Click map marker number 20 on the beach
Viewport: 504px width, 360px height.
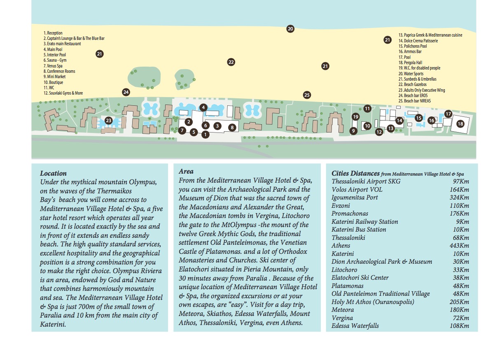(x=290, y=29)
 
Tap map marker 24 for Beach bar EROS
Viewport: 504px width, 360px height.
(x=126, y=92)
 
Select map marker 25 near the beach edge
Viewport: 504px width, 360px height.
(x=307, y=95)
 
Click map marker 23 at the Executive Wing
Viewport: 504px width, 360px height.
(x=108, y=121)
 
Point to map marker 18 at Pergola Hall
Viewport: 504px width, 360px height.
(x=460, y=124)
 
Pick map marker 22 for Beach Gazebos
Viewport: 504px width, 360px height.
(x=231, y=62)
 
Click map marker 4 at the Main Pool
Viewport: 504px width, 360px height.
(x=203, y=107)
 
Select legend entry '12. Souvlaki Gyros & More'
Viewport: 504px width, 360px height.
(x=63, y=93)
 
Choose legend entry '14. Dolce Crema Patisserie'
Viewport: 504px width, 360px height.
(x=418, y=41)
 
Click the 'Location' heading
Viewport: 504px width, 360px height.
(x=53, y=174)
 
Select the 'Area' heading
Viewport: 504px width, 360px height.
(x=186, y=172)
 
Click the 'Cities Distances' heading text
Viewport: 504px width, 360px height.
(x=356, y=174)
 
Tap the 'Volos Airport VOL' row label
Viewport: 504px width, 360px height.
(x=357, y=190)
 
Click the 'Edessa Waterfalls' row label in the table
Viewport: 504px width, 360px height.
(x=355, y=326)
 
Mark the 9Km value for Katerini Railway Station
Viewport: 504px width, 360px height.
(x=465, y=222)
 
